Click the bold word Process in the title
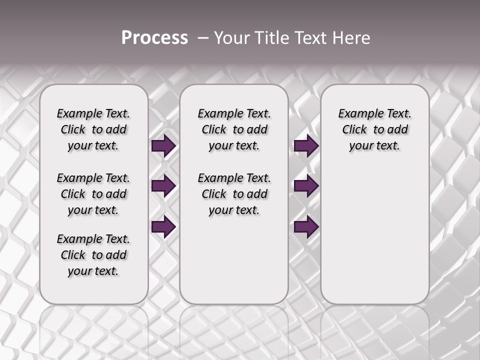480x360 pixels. [x=154, y=38]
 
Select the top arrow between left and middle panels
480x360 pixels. [x=163, y=146]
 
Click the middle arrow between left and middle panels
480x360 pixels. [x=163, y=186]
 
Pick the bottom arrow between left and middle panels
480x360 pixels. [x=163, y=227]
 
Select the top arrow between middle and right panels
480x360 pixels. [x=306, y=146]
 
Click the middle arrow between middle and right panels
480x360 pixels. [x=306, y=186]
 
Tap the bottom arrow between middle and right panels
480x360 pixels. [x=306, y=227]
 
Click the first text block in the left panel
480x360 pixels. [x=93, y=129]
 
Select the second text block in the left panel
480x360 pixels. [x=93, y=194]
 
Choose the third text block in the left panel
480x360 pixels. [x=93, y=255]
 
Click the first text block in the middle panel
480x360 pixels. [x=234, y=129]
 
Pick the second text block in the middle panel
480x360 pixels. [x=234, y=194]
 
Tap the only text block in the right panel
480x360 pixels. [x=374, y=129]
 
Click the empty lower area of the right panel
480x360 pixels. [x=374, y=235]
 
